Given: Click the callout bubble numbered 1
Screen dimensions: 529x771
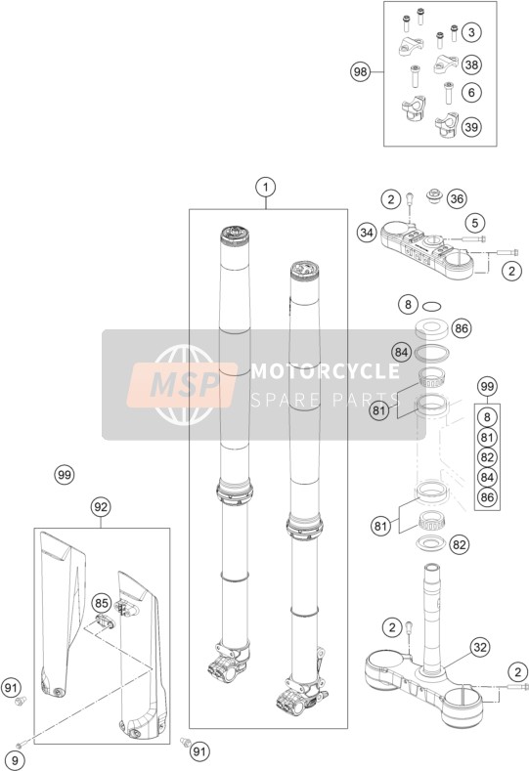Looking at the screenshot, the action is pos(266,188).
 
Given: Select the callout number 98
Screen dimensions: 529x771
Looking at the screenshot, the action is pos(360,72).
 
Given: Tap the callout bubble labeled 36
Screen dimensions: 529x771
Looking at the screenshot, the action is pos(457,198).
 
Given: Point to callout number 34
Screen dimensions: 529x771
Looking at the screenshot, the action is pos(367,233).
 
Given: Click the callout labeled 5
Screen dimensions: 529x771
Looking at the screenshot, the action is pos(475,223).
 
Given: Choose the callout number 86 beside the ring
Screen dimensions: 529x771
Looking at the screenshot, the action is pos(462,328).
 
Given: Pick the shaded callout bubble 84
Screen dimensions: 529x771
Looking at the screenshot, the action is pos(402,352).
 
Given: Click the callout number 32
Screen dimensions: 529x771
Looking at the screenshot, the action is pos(480,647).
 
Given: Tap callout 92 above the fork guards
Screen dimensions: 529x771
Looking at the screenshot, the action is pos(101,506).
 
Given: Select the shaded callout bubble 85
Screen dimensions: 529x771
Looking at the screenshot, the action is pos(101,603).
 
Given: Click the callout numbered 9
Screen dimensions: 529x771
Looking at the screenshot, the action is pos(15,761).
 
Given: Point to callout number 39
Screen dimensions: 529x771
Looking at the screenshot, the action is pos(471,127).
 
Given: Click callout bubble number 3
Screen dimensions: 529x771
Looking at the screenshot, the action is pos(471,32).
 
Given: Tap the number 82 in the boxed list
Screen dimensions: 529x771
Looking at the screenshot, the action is pos(487,457).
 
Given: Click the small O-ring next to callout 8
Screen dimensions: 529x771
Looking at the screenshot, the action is pos(431,307).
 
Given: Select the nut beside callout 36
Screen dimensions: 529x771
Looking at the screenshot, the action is pos(433,195).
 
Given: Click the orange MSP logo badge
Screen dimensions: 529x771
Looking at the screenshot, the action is pos(182,385).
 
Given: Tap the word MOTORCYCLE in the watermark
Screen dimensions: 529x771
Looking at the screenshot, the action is pos(326,371).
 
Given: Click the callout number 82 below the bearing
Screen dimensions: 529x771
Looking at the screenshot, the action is pos(460,544).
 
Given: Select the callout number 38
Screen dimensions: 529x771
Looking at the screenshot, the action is pos(471,64).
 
